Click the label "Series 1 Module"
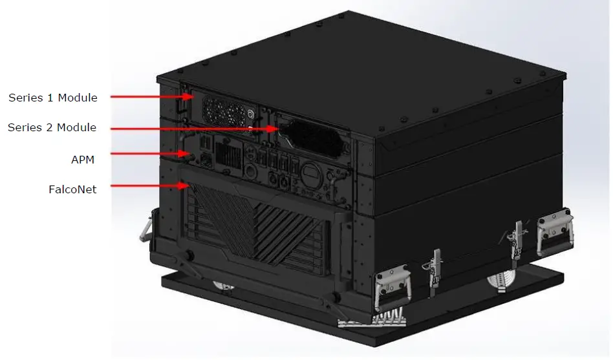(x=53, y=98)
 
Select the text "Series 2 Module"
(x=52, y=128)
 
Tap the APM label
(x=83, y=158)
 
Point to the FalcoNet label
(x=72, y=189)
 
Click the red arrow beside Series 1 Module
(x=152, y=97)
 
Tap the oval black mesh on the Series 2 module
(x=310, y=136)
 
